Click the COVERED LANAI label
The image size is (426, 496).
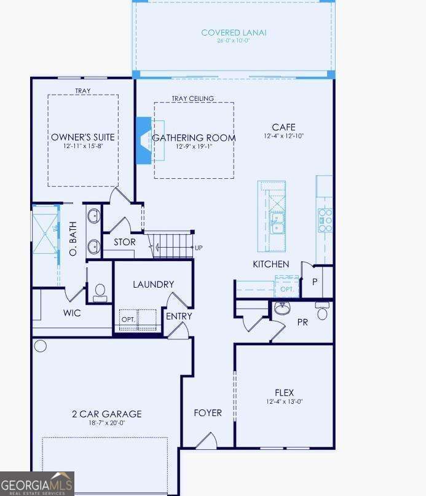click(x=234, y=33)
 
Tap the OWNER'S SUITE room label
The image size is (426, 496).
click(x=83, y=137)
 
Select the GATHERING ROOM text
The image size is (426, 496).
click(x=194, y=138)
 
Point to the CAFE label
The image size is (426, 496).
click(x=283, y=127)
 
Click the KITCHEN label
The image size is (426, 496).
click(x=271, y=264)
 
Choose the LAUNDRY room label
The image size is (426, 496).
click(x=153, y=285)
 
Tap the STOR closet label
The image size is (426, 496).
click(x=124, y=242)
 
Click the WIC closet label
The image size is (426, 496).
click(x=72, y=313)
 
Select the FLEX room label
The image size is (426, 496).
click(x=284, y=393)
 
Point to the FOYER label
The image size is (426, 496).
click(x=208, y=412)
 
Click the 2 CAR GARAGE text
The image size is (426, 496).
click(x=106, y=414)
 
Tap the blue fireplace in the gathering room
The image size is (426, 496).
click(x=143, y=141)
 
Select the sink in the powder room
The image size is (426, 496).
click(x=283, y=309)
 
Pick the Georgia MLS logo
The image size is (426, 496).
click(x=37, y=483)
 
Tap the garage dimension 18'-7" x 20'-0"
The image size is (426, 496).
click(x=106, y=423)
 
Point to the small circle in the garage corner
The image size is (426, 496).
click(x=41, y=346)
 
